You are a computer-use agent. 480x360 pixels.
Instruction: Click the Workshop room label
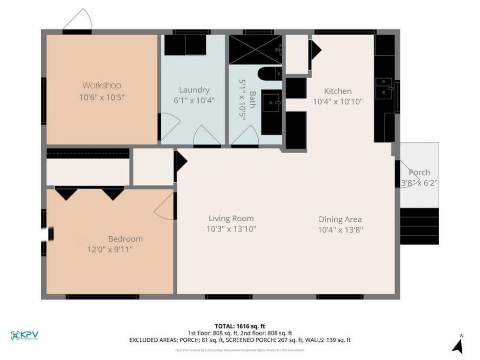pyautogui.click(x=102, y=85)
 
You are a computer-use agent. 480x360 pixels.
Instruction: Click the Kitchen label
pyautogui.click(x=337, y=91)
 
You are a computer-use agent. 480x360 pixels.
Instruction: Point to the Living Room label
pyautogui.click(x=231, y=218)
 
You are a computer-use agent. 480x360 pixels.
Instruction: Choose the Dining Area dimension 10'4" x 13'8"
pyautogui.click(x=340, y=230)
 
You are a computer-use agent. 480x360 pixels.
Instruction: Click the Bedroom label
pyautogui.click(x=125, y=239)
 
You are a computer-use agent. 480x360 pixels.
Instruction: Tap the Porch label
pyautogui.click(x=419, y=172)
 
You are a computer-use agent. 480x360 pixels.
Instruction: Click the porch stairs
pyautogui.click(x=419, y=226)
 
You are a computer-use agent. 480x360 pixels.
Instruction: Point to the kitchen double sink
pyautogui.click(x=384, y=87)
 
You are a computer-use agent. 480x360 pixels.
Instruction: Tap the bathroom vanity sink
pyautogui.click(x=271, y=103)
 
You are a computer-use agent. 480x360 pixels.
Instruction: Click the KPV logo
pyautogui.click(x=24, y=335)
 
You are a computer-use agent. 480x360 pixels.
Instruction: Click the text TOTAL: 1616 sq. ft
pyautogui.click(x=240, y=326)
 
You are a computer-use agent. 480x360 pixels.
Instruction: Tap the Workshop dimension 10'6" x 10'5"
pyautogui.click(x=102, y=97)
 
